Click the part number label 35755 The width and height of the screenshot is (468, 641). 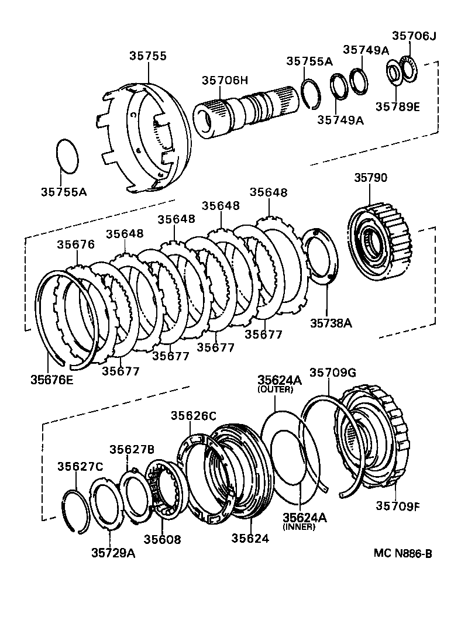coord(148,56)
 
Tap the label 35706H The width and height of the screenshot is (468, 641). coord(226,81)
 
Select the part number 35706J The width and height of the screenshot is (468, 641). coord(414,36)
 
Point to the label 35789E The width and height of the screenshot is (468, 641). coord(398,106)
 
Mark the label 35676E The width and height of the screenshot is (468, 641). coord(52,379)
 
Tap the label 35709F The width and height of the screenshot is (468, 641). coord(398,506)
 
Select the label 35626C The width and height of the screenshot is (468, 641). coord(194,416)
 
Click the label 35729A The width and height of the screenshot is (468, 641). coord(113,553)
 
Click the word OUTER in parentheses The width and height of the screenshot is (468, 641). coord(275,390)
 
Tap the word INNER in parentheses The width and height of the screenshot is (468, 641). coord(299,526)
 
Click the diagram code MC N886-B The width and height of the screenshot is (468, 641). coord(403,553)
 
